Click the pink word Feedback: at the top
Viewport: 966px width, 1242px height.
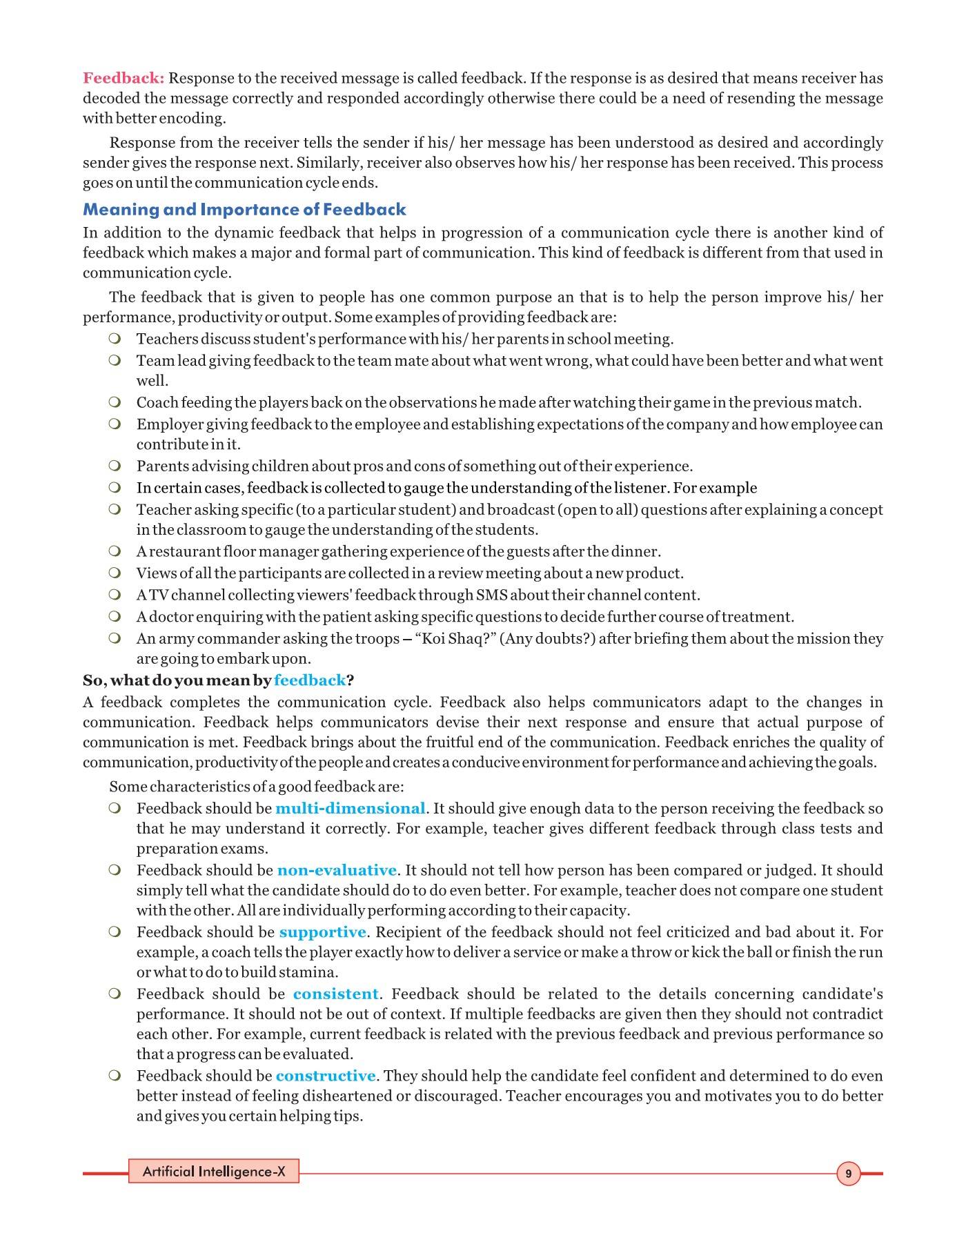pos(124,78)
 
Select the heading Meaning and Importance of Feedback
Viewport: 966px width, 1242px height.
pos(244,209)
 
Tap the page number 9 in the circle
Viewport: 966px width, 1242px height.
pos(848,1173)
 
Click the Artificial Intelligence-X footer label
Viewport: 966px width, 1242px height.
pos(214,1171)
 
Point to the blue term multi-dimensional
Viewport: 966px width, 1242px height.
pos(350,808)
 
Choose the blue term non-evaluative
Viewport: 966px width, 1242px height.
pos(337,870)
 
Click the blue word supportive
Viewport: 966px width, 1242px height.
pos(322,932)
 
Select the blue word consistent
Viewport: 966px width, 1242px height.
pos(335,994)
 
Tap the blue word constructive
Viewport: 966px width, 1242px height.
pos(326,1076)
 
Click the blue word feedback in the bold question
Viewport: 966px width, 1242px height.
pos(310,680)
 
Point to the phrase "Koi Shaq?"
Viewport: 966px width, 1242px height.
pos(455,638)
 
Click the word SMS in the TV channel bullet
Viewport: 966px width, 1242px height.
pos(492,595)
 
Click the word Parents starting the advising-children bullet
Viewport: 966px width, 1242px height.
pos(160,466)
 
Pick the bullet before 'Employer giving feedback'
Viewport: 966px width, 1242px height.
pos(115,424)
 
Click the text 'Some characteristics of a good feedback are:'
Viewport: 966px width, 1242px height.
pos(257,787)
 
